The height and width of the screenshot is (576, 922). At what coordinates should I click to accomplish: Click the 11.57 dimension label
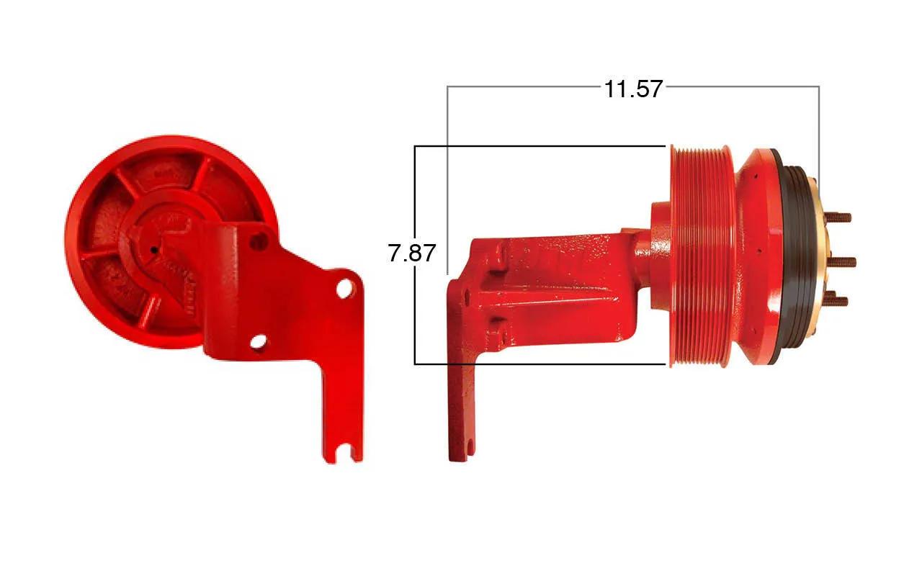point(633,89)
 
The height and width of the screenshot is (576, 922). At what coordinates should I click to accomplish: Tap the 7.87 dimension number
point(411,253)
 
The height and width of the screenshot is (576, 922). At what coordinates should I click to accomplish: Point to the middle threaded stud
point(842,261)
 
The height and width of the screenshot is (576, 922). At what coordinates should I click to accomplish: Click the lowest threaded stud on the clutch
point(836,300)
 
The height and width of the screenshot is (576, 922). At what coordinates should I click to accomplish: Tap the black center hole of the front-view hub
point(154,250)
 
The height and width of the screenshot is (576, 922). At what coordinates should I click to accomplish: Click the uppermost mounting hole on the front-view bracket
point(259,241)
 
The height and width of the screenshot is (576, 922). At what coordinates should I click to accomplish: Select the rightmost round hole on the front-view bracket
point(345,289)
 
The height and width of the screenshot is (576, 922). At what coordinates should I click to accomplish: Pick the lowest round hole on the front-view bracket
point(258,341)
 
